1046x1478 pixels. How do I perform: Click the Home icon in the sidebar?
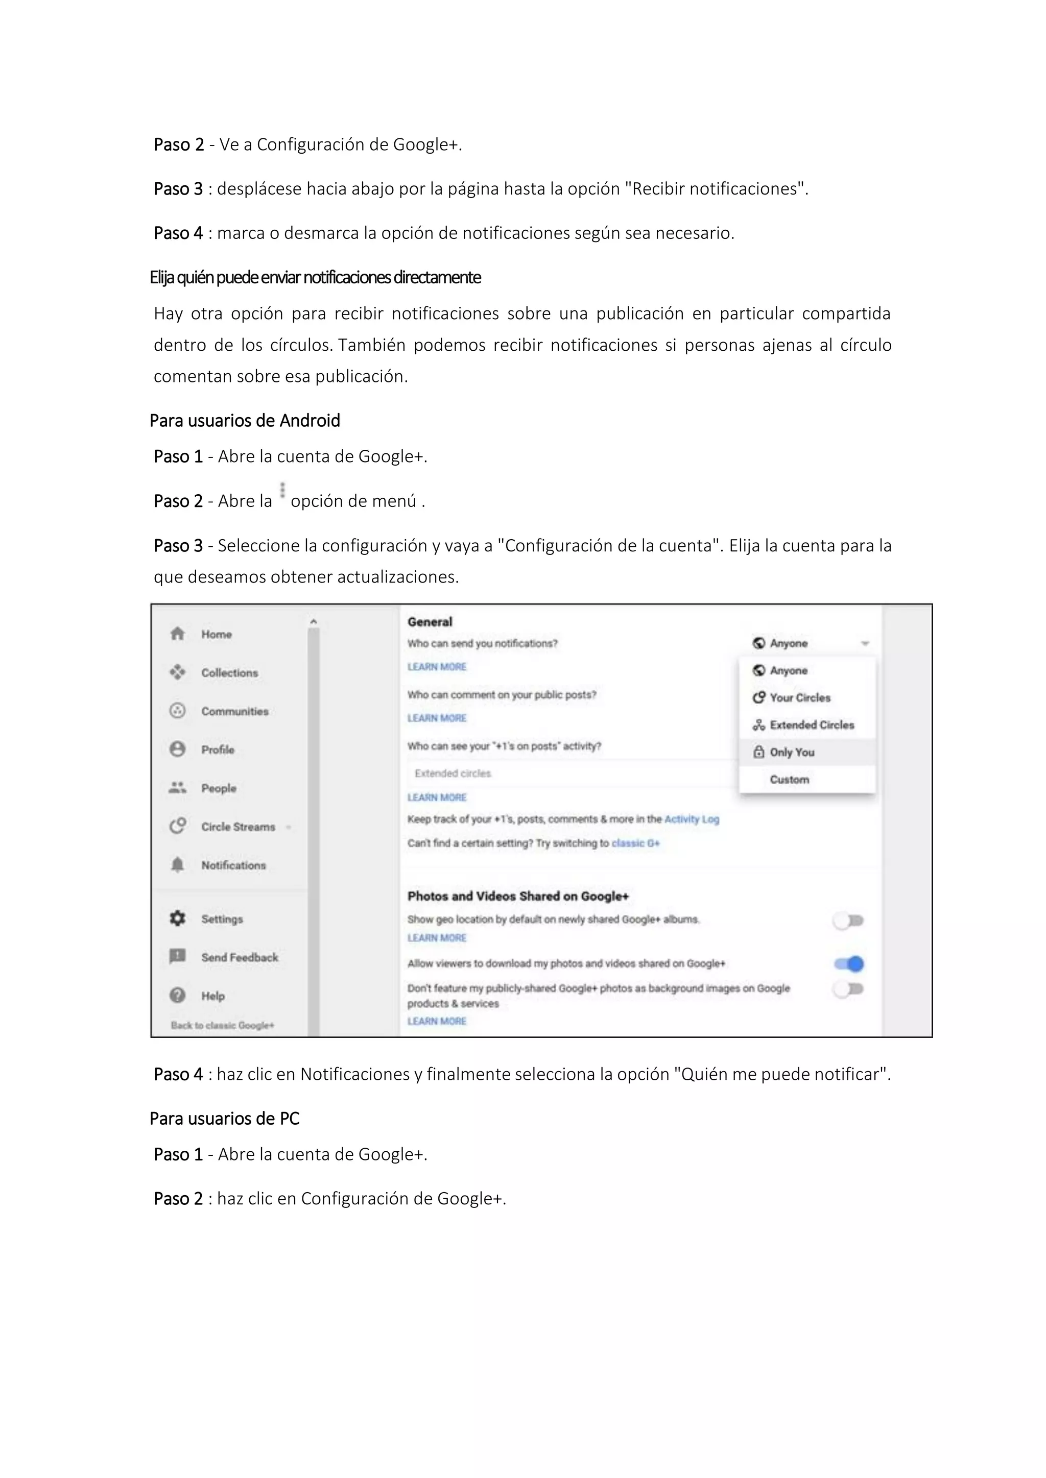point(178,634)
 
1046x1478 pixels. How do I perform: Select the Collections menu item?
point(229,673)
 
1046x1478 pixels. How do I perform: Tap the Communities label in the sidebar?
point(234,711)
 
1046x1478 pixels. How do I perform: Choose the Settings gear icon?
point(178,918)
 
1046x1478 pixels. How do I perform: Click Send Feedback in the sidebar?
point(240,957)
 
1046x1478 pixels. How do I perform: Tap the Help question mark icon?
point(178,995)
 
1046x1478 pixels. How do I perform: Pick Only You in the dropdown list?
point(792,752)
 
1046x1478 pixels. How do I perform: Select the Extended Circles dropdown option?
point(812,725)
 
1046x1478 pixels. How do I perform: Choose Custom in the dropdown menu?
point(789,780)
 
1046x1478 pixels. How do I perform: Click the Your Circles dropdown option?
point(800,698)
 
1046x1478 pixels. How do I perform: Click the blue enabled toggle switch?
point(849,964)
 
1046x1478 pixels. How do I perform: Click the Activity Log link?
point(691,819)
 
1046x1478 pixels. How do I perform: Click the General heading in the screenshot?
point(430,622)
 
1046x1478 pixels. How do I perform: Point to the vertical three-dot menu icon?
point(282,491)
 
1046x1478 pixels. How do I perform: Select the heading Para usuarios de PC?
point(224,1118)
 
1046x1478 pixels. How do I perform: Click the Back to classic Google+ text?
point(222,1026)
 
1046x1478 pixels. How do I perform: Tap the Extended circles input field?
point(567,773)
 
